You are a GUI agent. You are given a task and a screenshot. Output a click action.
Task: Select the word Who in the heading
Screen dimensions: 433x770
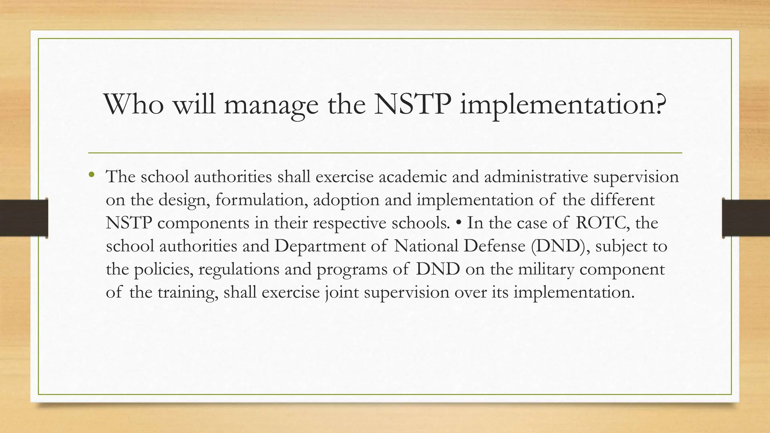pos(133,104)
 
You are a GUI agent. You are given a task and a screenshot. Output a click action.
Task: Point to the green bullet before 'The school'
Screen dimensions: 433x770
pos(91,174)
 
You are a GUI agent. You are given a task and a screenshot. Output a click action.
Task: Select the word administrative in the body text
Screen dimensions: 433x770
pos(536,177)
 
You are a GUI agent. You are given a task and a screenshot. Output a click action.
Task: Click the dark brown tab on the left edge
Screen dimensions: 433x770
pos(24,218)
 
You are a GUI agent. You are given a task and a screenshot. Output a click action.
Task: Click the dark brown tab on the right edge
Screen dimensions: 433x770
pos(746,218)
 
